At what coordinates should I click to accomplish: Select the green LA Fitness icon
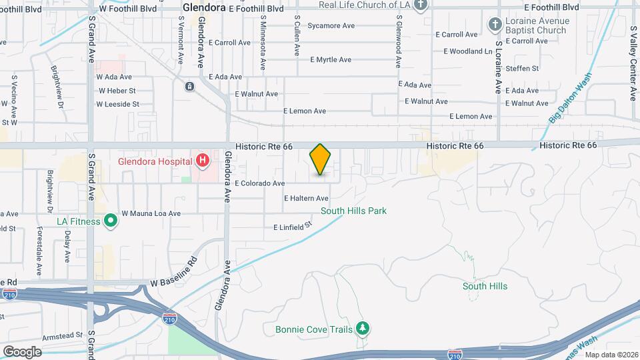pos(111,221)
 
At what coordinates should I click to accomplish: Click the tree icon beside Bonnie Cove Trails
pos(363,328)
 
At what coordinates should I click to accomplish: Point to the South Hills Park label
pos(353,211)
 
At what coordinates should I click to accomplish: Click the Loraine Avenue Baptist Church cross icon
pos(495,25)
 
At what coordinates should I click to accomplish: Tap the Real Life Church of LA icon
pos(420,5)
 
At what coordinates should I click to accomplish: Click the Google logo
pos(22,351)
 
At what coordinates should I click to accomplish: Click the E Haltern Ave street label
pos(306,198)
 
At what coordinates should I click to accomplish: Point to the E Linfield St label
pos(293,227)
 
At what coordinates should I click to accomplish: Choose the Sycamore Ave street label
pos(331,26)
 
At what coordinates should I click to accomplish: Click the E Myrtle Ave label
pos(331,59)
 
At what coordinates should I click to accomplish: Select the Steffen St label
pos(522,68)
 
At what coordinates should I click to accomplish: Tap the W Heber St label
pos(117,91)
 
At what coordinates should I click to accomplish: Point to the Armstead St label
pos(61,335)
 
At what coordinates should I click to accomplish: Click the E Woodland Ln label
pos(467,51)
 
